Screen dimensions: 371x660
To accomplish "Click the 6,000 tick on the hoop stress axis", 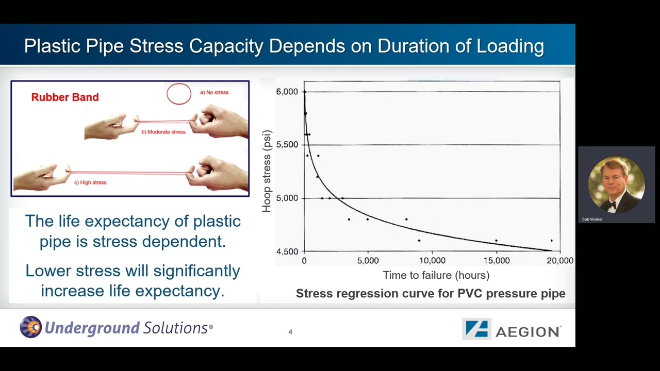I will click(287, 92).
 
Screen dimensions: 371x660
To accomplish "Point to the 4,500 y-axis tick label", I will click(287, 251).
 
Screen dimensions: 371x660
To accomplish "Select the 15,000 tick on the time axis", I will click(496, 261).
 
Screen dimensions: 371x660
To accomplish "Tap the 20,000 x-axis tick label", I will click(560, 261).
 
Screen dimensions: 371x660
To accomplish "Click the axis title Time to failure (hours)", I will click(436, 275).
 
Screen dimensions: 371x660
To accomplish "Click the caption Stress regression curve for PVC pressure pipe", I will click(431, 294).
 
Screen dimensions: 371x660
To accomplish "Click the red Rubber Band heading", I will click(65, 97).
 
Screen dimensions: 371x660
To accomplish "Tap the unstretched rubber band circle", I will click(179, 94).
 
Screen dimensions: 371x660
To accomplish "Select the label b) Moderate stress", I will click(163, 132).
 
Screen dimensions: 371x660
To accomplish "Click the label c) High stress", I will click(90, 182).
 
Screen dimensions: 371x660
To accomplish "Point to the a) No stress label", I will click(214, 93).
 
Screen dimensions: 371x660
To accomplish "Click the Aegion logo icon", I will click(476, 329).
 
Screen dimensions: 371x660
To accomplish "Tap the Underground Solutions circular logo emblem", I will click(30, 327).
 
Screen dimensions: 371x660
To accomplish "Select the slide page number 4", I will click(290, 332).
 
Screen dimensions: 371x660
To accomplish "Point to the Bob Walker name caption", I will click(592, 220).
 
